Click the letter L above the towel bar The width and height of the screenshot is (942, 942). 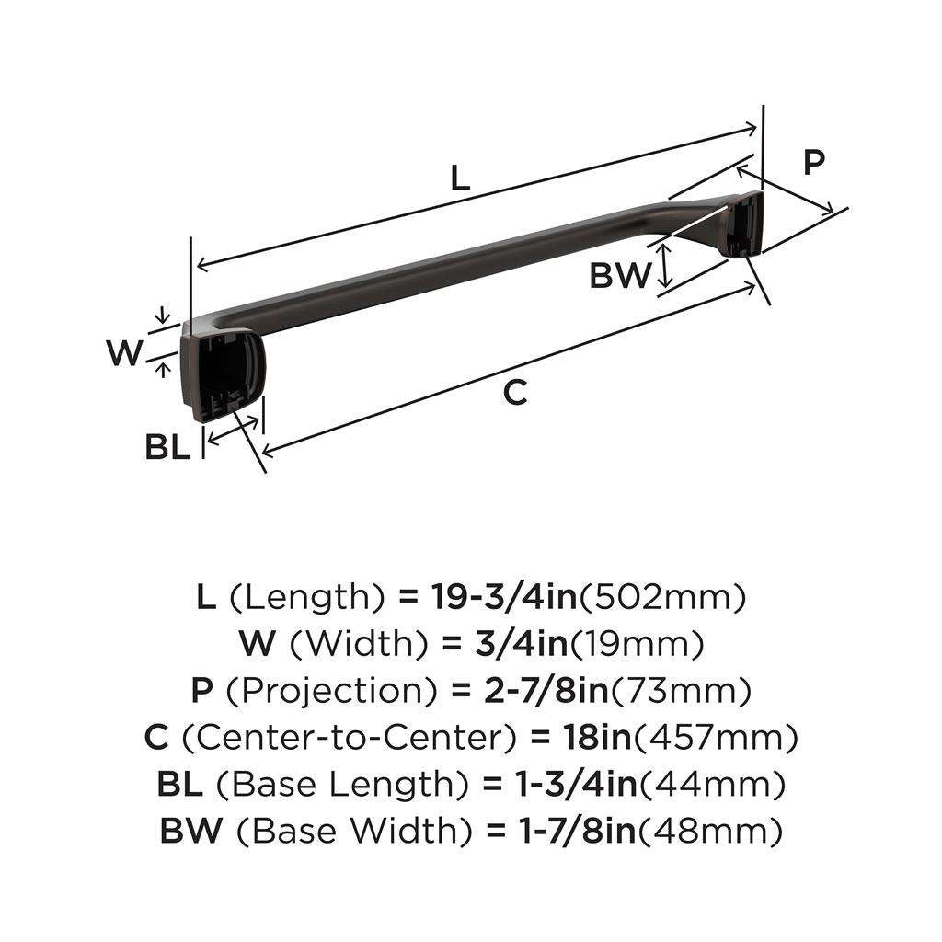[460, 178]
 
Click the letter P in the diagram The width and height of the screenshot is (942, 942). [813, 163]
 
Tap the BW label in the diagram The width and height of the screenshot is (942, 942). [621, 274]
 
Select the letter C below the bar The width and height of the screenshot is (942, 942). [516, 392]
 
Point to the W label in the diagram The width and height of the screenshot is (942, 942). [125, 352]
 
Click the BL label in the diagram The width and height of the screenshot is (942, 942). [167, 447]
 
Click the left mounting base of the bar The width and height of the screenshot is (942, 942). [219, 372]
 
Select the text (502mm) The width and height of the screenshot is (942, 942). [661, 598]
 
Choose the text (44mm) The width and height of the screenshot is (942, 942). [712, 786]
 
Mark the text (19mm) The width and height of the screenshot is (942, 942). [638, 644]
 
